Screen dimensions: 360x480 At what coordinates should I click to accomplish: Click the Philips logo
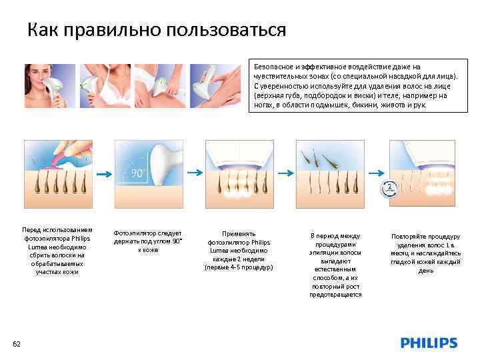pos(429,343)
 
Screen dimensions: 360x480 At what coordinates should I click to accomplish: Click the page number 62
pos(17,343)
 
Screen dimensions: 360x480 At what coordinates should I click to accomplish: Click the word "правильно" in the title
pos(110,31)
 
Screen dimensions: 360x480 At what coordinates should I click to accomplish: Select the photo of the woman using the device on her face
pos(47,86)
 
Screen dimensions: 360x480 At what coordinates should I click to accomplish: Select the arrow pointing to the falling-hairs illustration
pos(285,173)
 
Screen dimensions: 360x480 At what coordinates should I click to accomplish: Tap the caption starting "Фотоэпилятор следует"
pos(147,241)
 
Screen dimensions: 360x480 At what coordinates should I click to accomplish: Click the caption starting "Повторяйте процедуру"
pos(425,253)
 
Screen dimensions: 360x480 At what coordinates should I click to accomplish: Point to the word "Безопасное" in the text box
pos(273,67)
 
